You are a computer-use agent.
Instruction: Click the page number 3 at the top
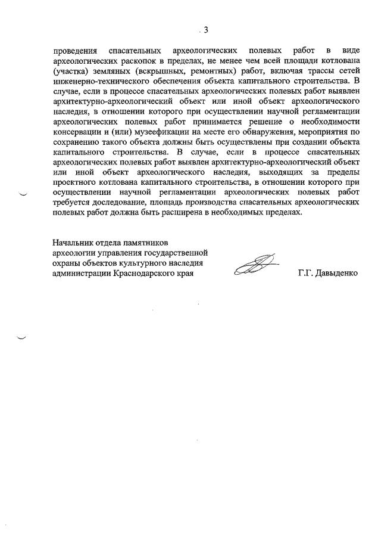coord(206,30)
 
